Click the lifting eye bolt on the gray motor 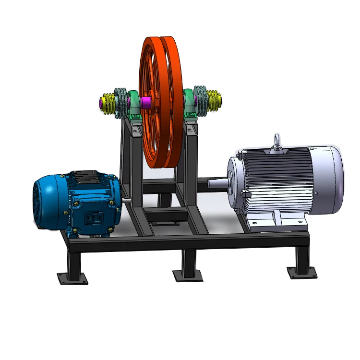pyautogui.click(x=276, y=141)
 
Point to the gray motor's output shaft pyautogui.click(x=217, y=183)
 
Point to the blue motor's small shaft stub pyautogui.click(x=126, y=201)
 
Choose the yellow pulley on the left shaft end pyautogui.click(x=110, y=103)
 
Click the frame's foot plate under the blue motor pyautogui.click(x=72, y=278)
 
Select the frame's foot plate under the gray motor pyautogui.click(x=302, y=272)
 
